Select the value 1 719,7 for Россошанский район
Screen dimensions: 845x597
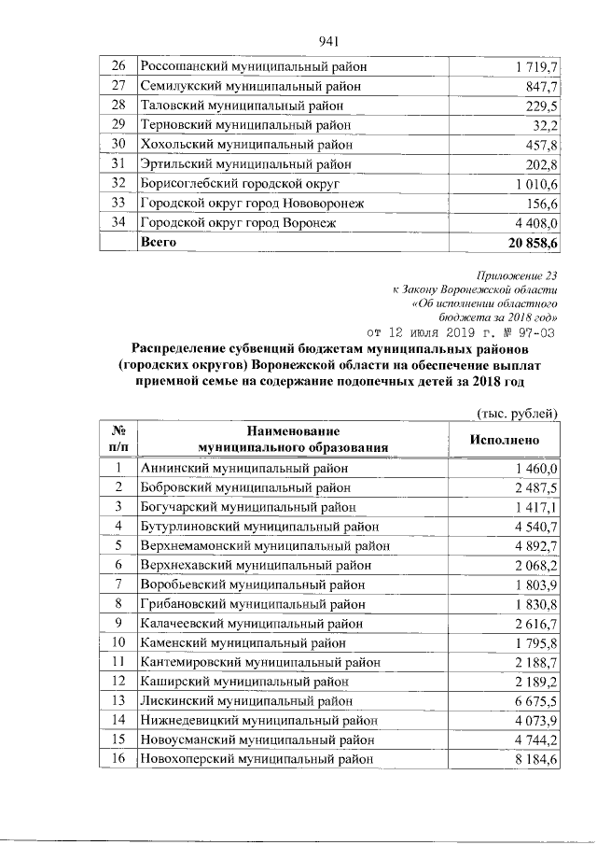pyautogui.click(x=535, y=67)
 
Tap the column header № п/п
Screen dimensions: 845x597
pyautogui.click(x=118, y=440)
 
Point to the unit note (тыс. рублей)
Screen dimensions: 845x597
pyautogui.click(x=516, y=413)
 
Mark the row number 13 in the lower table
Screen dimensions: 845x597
pyautogui.click(x=118, y=700)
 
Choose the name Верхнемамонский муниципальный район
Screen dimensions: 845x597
pyautogui.click(x=264, y=546)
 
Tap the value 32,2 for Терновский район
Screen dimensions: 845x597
pyautogui.click(x=544, y=125)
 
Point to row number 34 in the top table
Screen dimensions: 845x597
pyautogui.click(x=118, y=222)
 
